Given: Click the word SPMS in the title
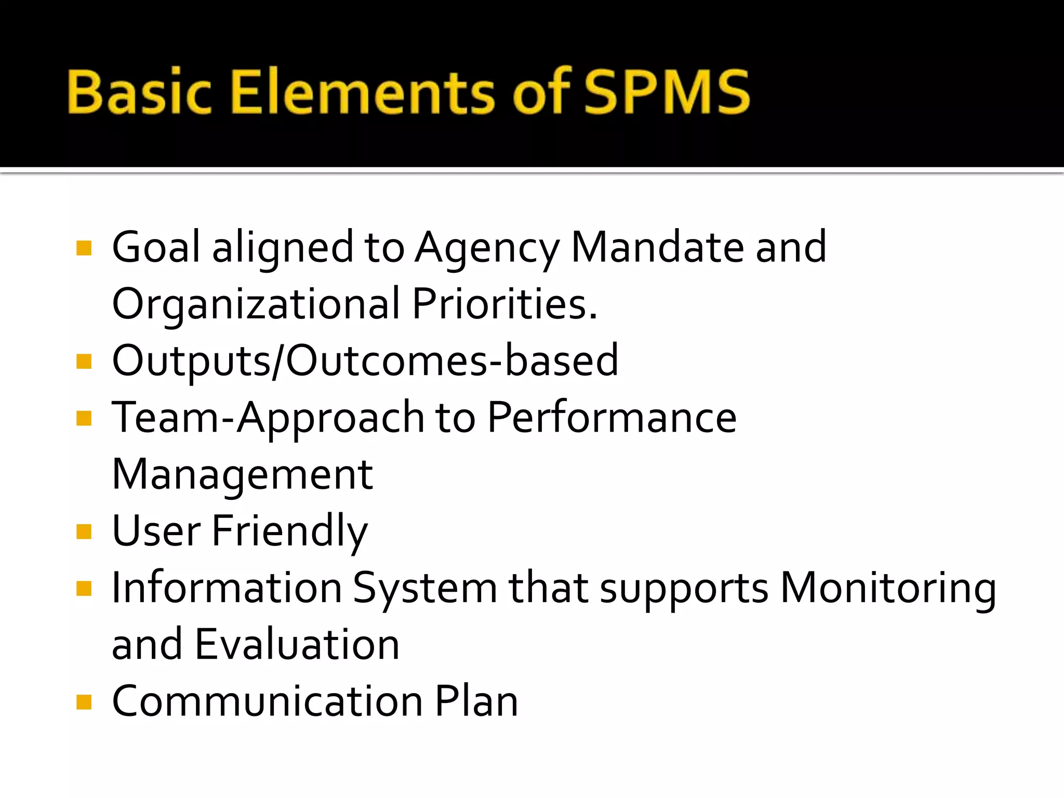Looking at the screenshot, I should pos(667,92).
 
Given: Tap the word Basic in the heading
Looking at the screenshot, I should pos(140,92).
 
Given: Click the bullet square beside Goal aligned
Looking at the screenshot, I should pos(84,248).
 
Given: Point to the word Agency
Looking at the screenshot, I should pos(487,248).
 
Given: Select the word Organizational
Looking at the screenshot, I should pos(256,304).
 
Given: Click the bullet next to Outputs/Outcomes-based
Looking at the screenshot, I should pos(84,361).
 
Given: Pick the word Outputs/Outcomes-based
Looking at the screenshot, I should pos(365,361).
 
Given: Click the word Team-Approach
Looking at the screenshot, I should pos(268,418).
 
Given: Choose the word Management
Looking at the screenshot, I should pos(243,475).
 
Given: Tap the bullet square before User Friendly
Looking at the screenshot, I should pos(84,531).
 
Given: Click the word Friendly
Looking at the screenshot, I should pos(290,531).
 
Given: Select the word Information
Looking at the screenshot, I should pos(227,588).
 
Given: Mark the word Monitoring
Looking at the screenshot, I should pos(888,589).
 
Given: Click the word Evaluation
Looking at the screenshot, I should pos(298,645).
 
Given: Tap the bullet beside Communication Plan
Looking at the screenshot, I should pos(84,702).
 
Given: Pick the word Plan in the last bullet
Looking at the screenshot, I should pos(476,701).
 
